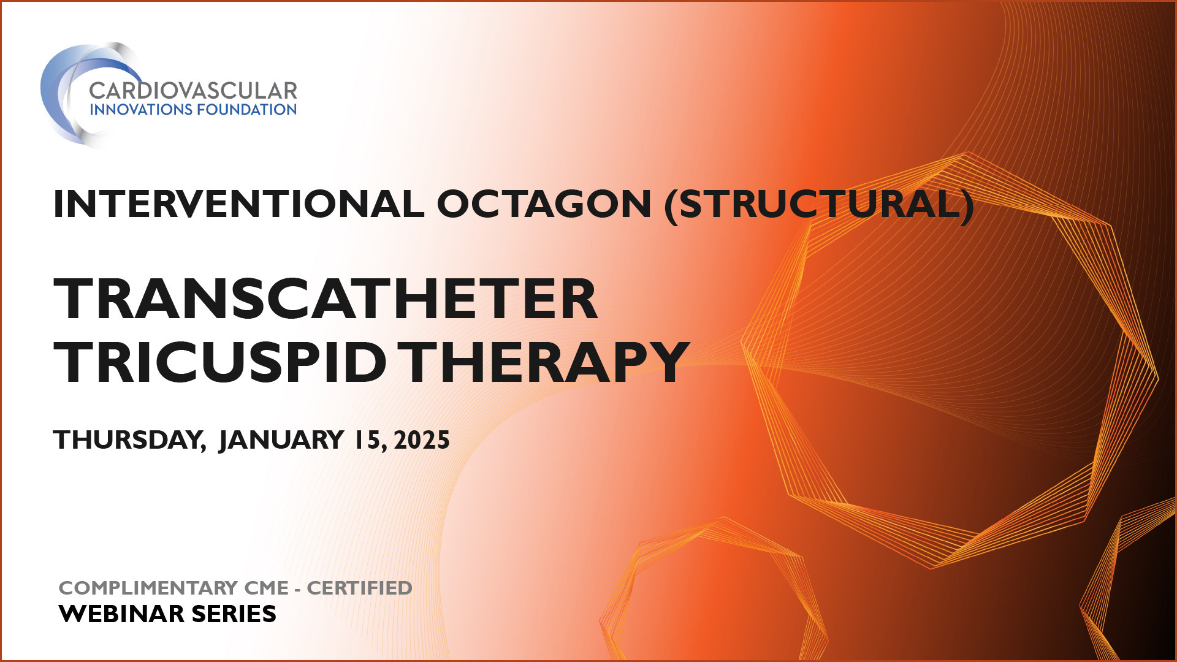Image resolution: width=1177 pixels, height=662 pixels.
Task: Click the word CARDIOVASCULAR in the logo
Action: pos(193,91)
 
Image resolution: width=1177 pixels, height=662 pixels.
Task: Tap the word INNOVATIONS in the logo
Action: pos(141,110)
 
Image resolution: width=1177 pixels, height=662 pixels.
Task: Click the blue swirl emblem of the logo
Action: pos(74,95)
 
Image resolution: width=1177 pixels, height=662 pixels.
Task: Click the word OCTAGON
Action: pos(544,204)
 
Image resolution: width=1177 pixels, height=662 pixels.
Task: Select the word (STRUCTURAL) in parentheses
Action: pos(820,204)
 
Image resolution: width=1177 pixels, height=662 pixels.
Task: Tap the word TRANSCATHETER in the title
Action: pos(326,299)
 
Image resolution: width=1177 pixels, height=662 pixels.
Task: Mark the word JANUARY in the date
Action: pos(281,440)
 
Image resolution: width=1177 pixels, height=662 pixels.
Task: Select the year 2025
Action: pos(422,440)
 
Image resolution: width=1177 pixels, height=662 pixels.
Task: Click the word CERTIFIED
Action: pos(360,588)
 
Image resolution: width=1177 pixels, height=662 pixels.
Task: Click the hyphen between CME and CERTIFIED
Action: pos(297,589)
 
